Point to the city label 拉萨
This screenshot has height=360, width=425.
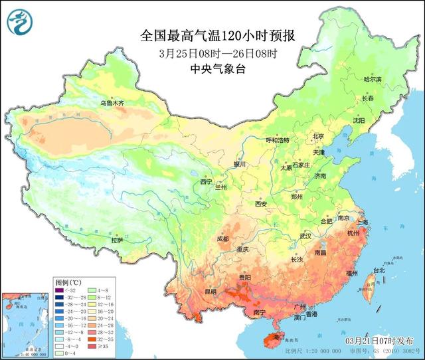(x=117, y=240)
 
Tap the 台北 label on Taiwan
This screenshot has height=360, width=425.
(x=378, y=270)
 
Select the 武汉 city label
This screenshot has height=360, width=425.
(x=305, y=236)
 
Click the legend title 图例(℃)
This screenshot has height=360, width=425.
(x=68, y=281)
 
